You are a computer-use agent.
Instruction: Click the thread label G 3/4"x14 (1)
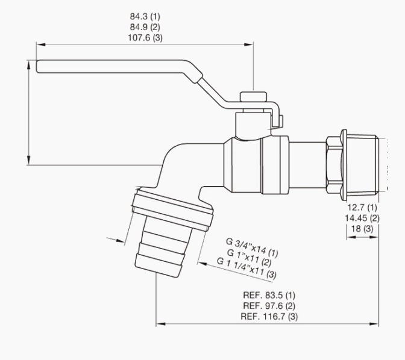pos(252,246)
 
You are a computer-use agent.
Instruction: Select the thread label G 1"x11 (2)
pos(248,258)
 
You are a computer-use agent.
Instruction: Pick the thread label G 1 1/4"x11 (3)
pos(247,269)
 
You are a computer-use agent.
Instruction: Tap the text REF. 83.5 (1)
pos(269,295)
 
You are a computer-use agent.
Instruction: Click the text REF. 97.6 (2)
pos(269,306)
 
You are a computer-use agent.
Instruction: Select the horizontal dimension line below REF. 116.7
pos(268,324)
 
